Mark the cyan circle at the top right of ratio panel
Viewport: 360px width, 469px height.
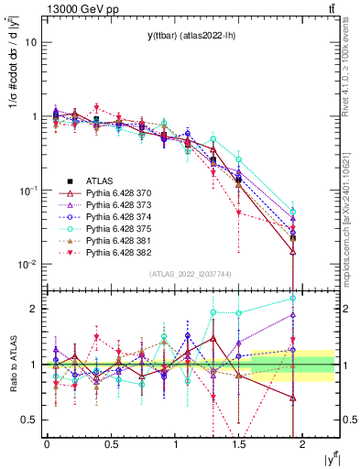click(x=293, y=298)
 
